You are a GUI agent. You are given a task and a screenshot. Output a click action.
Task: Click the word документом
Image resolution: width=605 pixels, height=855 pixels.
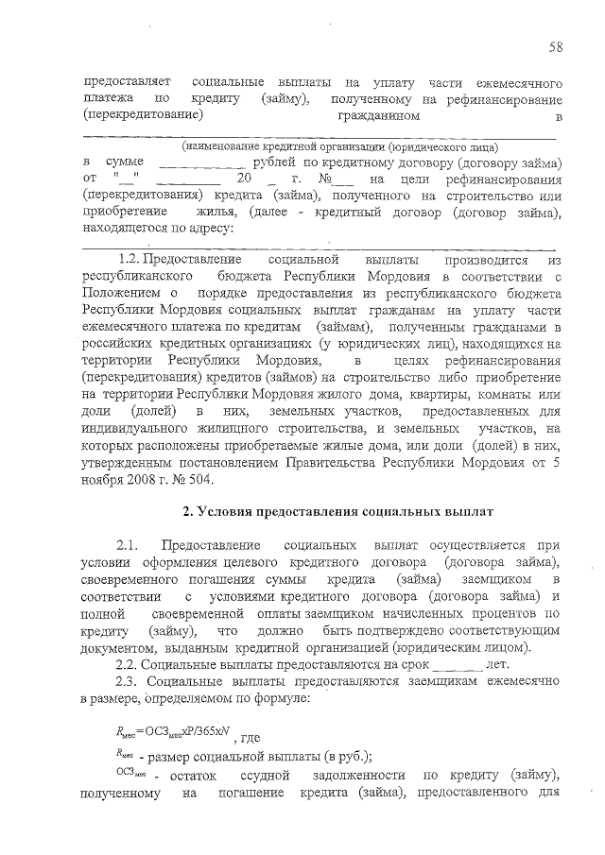pos(117,649)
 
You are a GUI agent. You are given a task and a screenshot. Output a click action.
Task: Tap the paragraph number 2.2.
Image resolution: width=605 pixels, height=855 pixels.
pos(130,665)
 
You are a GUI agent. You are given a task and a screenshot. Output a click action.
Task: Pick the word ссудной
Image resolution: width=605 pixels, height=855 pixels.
pos(287,776)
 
